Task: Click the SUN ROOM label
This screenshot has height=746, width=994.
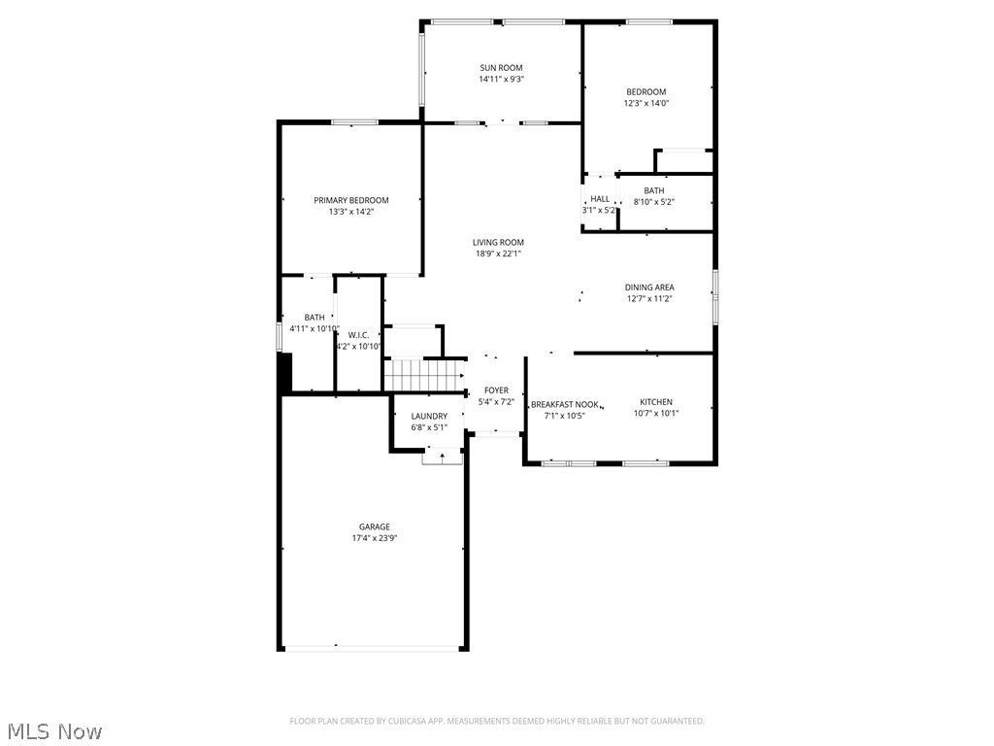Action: pos(501,68)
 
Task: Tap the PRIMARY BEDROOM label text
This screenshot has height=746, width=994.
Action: pos(351,200)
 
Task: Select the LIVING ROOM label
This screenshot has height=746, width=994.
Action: pos(498,242)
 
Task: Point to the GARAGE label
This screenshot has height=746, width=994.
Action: pos(375,527)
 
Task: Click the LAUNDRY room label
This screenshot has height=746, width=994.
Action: pos(429,416)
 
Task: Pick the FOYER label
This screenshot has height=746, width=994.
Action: pos(496,390)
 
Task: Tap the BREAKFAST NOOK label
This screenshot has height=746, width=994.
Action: pos(565,405)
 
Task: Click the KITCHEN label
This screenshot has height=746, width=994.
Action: pos(656,402)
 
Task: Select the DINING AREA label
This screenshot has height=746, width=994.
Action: pos(649,288)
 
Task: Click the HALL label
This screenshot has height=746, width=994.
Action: pos(600,199)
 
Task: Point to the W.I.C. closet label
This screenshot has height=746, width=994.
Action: pos(359,335)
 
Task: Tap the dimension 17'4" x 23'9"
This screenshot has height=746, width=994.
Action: pos(375,538)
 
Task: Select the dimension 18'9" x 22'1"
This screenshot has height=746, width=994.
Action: pos(498,254)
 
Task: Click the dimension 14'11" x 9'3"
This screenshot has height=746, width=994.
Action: pos(502,80)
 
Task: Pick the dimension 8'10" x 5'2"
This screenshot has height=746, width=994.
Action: pos(654,202)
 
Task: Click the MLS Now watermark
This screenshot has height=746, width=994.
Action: pos(55,731)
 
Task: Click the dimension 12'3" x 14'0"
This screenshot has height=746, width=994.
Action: pos(646,103)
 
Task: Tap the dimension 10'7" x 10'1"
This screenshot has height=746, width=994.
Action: pos(656,414)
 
